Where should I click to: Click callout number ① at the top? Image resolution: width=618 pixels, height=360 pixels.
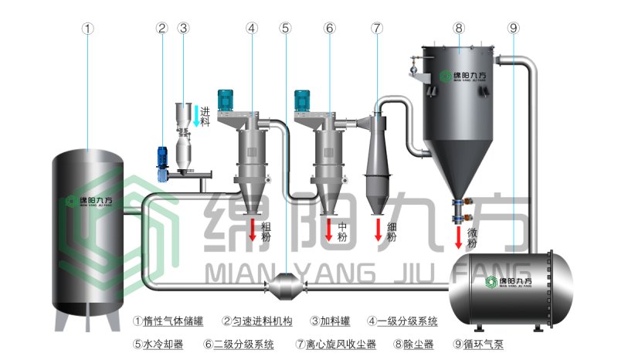point(88,29)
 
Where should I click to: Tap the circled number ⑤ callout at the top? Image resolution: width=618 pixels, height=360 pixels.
point(286,29)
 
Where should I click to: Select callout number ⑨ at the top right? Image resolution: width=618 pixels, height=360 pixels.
point(514,29)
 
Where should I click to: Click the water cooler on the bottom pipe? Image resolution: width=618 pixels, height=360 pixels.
point(286,287)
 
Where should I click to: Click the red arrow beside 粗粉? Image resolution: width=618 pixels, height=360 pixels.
point(252,229)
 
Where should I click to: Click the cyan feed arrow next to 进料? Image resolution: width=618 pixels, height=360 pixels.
point(196,114)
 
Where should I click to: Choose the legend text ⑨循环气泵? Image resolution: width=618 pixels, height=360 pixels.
point(480,344)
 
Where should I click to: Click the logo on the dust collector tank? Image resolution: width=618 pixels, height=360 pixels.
point(463,76)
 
